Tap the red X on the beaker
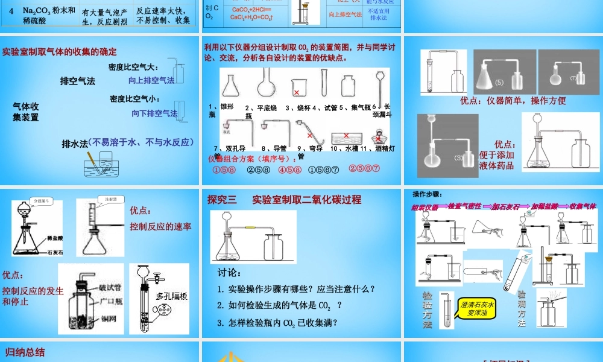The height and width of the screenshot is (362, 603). [297, 92]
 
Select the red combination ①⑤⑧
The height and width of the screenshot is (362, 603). [223, 170]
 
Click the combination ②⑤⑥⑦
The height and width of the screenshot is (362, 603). [364, 169]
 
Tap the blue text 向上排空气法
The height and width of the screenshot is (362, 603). [151, 80]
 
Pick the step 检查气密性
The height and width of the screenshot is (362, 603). [464, 206]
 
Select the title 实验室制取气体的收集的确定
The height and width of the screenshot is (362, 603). [59, 52]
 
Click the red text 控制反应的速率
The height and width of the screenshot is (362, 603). [160, 227]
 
